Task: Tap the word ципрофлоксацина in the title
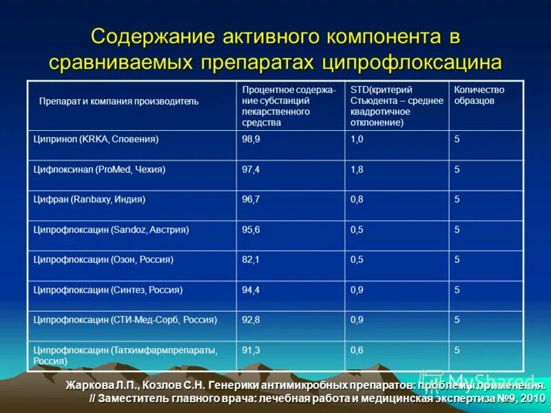point(411,61)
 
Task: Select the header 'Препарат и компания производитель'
point(119,101)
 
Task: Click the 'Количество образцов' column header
point(479,95)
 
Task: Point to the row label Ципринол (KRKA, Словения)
point(96,139)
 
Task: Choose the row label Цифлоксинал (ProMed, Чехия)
point(100,169)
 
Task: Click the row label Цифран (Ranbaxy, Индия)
point(90,200)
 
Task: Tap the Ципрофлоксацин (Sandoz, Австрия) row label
point(111,230)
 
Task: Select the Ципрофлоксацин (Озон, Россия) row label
point(103,260)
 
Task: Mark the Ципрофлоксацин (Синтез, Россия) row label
point(108,290)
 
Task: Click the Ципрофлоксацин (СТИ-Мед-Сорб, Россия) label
point(125,320)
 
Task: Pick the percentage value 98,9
point(251,139)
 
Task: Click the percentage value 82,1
point(251,260)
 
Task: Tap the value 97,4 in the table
point(251,169)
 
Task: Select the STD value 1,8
point(357,169)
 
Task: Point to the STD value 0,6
point(357,350)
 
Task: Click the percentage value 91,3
point(251,350)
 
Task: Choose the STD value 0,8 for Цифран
point(357,200)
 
